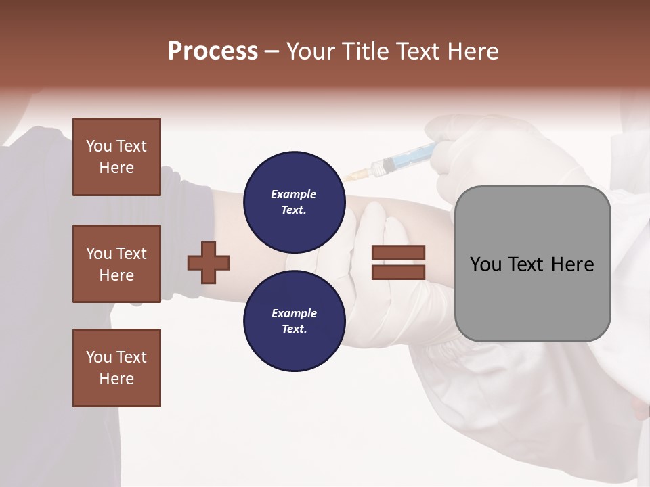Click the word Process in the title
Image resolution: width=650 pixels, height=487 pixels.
(x=213, y=51)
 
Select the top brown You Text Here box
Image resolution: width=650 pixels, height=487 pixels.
(x=116, y=157)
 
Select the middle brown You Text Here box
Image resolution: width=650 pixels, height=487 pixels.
(x=116, y=264)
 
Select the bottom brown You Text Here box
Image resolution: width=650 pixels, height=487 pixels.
(x=116, y=368)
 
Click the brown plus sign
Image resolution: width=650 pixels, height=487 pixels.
(x=209, y=262)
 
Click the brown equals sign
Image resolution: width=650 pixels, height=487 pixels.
(x=398, y=262)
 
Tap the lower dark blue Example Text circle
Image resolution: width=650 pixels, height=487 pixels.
(x=294, y=321)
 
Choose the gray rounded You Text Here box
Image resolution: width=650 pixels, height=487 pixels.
(x=532, y=264)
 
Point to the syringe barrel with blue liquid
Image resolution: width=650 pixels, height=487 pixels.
(x=406, y=160)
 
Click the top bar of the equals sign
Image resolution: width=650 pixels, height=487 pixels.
(x=398, y=253)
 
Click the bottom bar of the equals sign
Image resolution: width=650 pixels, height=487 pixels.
(x=398, y=272)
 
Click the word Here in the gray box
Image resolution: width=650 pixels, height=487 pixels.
(x=572, y=264)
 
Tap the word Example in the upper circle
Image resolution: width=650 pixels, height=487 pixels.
(x=294, y=194)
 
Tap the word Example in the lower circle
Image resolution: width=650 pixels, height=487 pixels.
(x=294, y=313)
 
